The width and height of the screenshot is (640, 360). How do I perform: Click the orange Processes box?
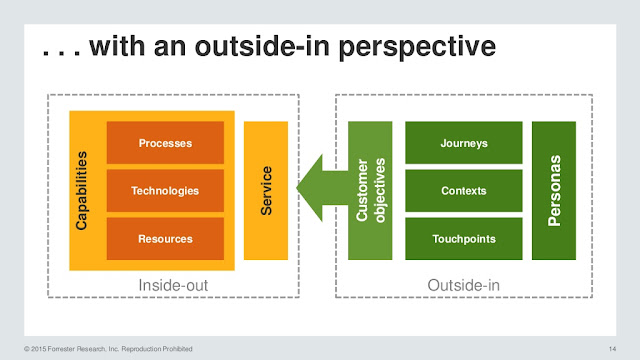[166, 143]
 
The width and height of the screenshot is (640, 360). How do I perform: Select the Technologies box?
[166, 190]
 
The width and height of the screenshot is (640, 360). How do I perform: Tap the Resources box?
[166, 239]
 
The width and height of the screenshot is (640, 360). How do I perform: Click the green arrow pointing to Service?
[320, 187]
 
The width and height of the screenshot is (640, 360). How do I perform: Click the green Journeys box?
[463, 143]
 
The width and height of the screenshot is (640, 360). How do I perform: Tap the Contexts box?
[463, 190]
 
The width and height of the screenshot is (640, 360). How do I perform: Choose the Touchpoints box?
[463, 239]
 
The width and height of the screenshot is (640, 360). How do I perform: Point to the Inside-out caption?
[173, 285]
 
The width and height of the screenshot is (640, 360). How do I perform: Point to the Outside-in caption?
[463, 285]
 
